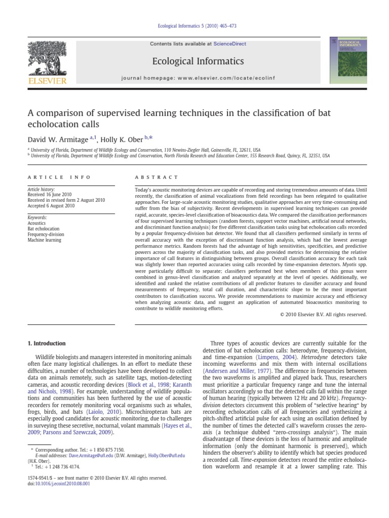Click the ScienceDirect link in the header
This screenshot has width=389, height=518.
pyautogui.click(x=229, y=44)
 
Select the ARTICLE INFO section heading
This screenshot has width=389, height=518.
pyautogui.click(x=59, y=178)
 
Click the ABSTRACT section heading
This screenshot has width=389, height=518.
pyautogui.click(x=157, y=178)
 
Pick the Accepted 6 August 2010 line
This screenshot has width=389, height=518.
pyautogui.click(x=52, y=206)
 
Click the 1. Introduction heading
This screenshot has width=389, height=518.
pyautogui.click(x=47, y=343)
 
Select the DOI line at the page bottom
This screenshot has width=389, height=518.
pyautogui.click(x=58, y=484)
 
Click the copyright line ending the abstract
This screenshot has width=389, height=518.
pyautogui.click(x=323, y=314)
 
